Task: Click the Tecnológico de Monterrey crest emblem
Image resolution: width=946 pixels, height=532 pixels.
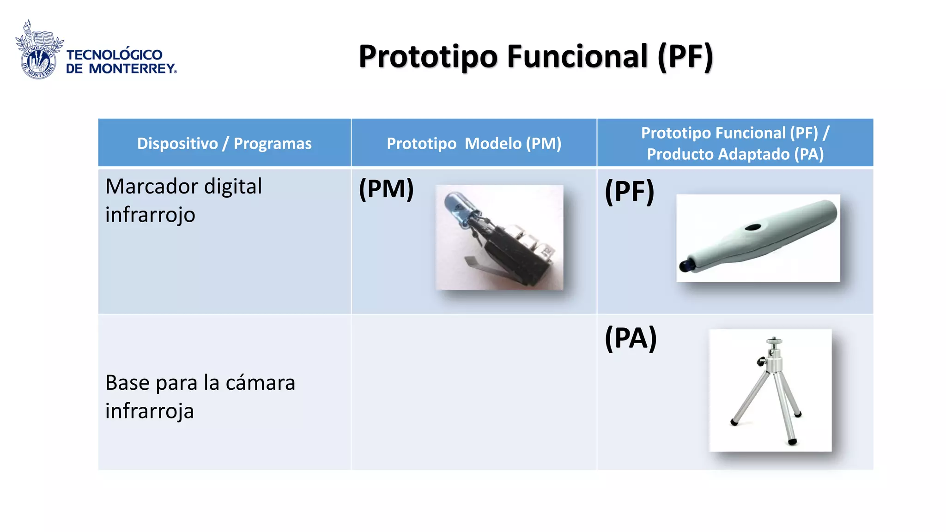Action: tap(39, 51)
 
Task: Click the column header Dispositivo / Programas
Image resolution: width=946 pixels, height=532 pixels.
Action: tap(224, 143)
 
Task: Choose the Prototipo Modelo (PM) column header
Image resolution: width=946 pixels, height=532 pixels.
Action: tap(473, 143)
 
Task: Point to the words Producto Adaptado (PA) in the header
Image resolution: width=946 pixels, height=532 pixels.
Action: tap(735, 154)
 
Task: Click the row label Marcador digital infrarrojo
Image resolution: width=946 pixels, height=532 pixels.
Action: tap(183, 200)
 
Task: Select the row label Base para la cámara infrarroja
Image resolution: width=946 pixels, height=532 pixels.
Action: tap(200, 396)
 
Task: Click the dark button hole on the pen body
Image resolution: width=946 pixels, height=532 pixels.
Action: tap(753, 227)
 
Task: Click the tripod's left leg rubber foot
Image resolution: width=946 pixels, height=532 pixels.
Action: tap(734, 422)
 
